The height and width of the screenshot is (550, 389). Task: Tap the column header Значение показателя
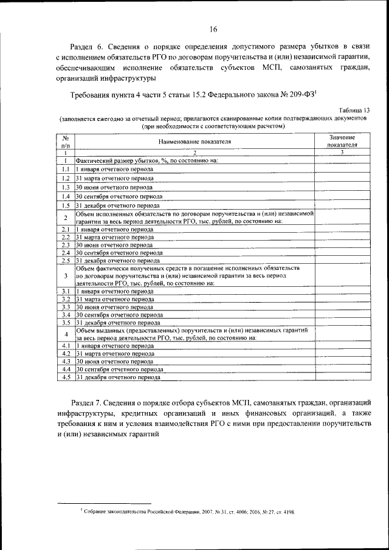pyautogui.click(x=342, y=142)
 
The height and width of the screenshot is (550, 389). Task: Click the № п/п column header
pyautogui.click(x=65, y=142)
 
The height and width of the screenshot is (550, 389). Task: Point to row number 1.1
pyautogui.click(x=65, y=169)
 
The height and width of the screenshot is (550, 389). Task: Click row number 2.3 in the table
pyautogui.click(x=65, y=245)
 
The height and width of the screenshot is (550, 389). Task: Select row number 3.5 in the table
pyautogui.click(x=65, y=323)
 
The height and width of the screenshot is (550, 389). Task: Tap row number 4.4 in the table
pyautogui.click(x=65, y=369)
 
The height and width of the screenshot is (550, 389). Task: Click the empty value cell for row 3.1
pyautogui.click(x=342, y=292)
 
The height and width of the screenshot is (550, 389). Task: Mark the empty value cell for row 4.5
pyautogui.click(x=342, y=377)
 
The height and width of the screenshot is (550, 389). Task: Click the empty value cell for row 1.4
pyautogui.click(x=342, y=197)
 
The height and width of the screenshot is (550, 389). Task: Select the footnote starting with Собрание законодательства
pyautogui.click(x=188, y=512)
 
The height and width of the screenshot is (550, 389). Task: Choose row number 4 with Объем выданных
pyautogui.click(x=65, y=334)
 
